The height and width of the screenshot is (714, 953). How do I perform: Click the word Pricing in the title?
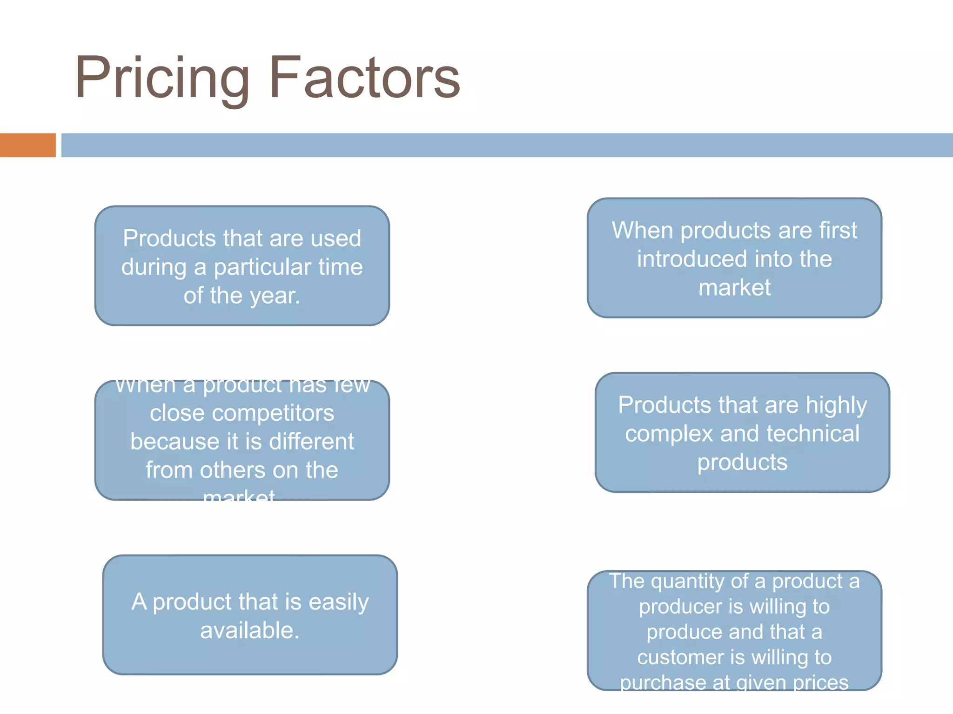162,78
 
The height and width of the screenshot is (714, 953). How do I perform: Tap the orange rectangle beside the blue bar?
27,145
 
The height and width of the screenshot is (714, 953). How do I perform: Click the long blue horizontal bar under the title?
506,145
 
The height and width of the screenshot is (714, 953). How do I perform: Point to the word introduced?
691,259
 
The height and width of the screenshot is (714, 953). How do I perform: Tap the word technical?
812,434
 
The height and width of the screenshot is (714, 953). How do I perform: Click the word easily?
338,602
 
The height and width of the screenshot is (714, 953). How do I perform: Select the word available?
249,631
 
